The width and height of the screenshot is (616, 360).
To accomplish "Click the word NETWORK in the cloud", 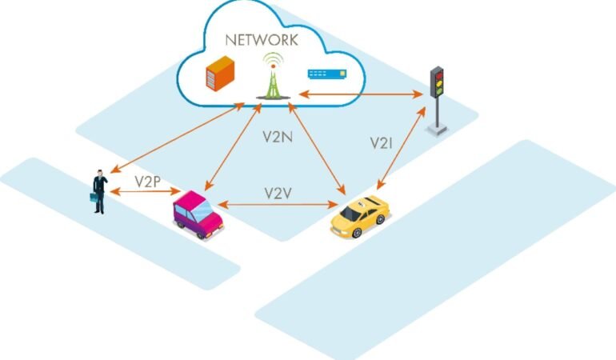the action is pos(262,40).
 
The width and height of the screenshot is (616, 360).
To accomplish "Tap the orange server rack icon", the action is pos(220,74).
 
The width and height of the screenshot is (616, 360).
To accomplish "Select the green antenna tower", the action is pos(273,76).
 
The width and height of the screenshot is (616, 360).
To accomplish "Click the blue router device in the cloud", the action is pos(327,74).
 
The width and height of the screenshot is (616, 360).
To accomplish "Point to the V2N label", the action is pos(278,136).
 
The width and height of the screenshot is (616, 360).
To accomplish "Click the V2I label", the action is pos(381,143).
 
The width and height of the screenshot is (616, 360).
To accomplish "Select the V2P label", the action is pos(148,182).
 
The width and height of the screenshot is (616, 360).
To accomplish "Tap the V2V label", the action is pos(278,194).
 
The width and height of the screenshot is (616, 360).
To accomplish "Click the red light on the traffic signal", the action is pos(439,75).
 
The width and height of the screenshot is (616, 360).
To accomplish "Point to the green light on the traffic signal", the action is pos(439,91).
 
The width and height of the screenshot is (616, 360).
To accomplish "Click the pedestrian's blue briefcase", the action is pos(94,197).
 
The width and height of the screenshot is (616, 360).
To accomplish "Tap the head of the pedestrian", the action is pos(100,173).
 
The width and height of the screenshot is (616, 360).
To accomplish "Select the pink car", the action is pos(198,214).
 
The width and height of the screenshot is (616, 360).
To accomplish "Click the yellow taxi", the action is pos(360,216).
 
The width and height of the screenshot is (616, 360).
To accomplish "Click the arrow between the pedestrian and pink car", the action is pos(145,191).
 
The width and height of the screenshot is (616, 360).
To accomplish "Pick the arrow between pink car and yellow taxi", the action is pos(278,204).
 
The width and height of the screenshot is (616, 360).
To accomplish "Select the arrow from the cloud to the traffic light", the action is pos(361,94).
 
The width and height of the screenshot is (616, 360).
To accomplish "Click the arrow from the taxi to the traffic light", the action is pos(401,148).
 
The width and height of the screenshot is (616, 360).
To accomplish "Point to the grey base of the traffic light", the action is pos(437,130).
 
